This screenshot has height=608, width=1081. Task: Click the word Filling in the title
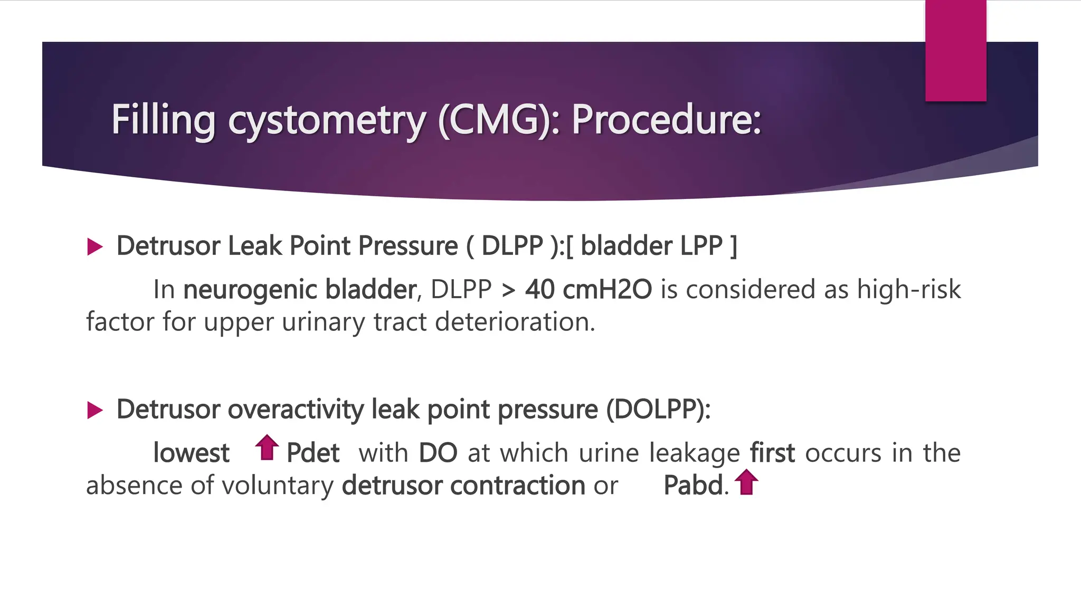click(163, 120)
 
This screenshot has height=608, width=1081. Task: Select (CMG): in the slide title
click(499, 120)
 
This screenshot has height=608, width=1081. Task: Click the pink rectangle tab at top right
click(955, 51)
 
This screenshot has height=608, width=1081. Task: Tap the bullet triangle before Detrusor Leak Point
click(94, 246)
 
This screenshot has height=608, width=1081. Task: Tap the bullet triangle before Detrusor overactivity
click(94, 410)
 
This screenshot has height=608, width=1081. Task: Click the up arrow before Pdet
click(267, 448)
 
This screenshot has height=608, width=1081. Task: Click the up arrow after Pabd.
click(746, 482)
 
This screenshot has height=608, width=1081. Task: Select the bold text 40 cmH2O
click(588, 290)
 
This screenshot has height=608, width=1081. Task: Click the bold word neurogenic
click(251, 290)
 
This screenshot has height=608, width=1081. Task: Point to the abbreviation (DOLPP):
click(658, 410)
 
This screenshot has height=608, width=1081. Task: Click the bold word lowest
click(191, 453)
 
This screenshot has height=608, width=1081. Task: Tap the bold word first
click(772, 453)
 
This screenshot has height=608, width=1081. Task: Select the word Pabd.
click(693, 486)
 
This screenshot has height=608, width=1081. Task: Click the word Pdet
click(312, 453)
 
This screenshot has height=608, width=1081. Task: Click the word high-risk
click(908, 290)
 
